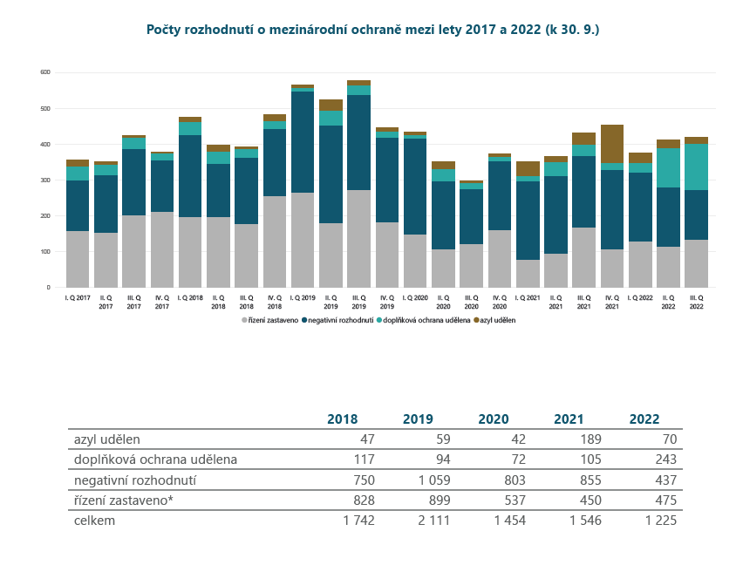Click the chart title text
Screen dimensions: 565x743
pos(372,30)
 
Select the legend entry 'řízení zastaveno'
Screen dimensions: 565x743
pos(271,320)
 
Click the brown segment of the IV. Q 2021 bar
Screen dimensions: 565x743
pos(612,144)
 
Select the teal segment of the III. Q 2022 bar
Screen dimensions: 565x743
pos(696,167)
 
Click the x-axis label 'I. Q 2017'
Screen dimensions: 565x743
pos(78,297)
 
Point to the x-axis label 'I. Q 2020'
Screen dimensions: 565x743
pos(415,297)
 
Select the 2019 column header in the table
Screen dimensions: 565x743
pos(418,419)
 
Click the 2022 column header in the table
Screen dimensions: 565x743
pos(644,419)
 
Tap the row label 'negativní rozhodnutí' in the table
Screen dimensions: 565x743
pos(135,480)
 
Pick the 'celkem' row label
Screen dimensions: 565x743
pos(94,521)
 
